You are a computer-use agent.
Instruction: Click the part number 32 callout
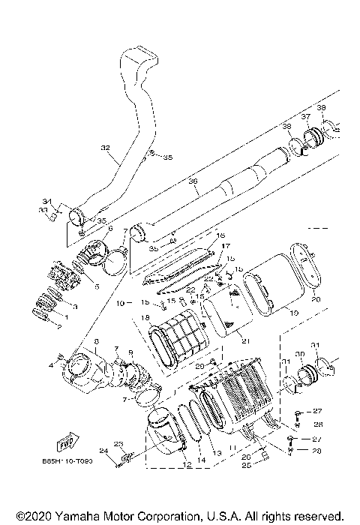click(x=106, y=148)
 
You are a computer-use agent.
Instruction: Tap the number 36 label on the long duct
click(x=192, y=181)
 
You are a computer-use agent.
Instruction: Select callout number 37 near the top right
click(x=305, y=117)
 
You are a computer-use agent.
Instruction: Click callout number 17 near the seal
click(x=224, y=245)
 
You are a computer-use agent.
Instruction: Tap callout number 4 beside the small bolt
click(x=51, y=364)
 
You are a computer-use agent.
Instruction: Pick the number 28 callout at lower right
click(x=316, y=451)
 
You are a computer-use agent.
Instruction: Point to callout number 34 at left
click(x=46, y=202)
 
